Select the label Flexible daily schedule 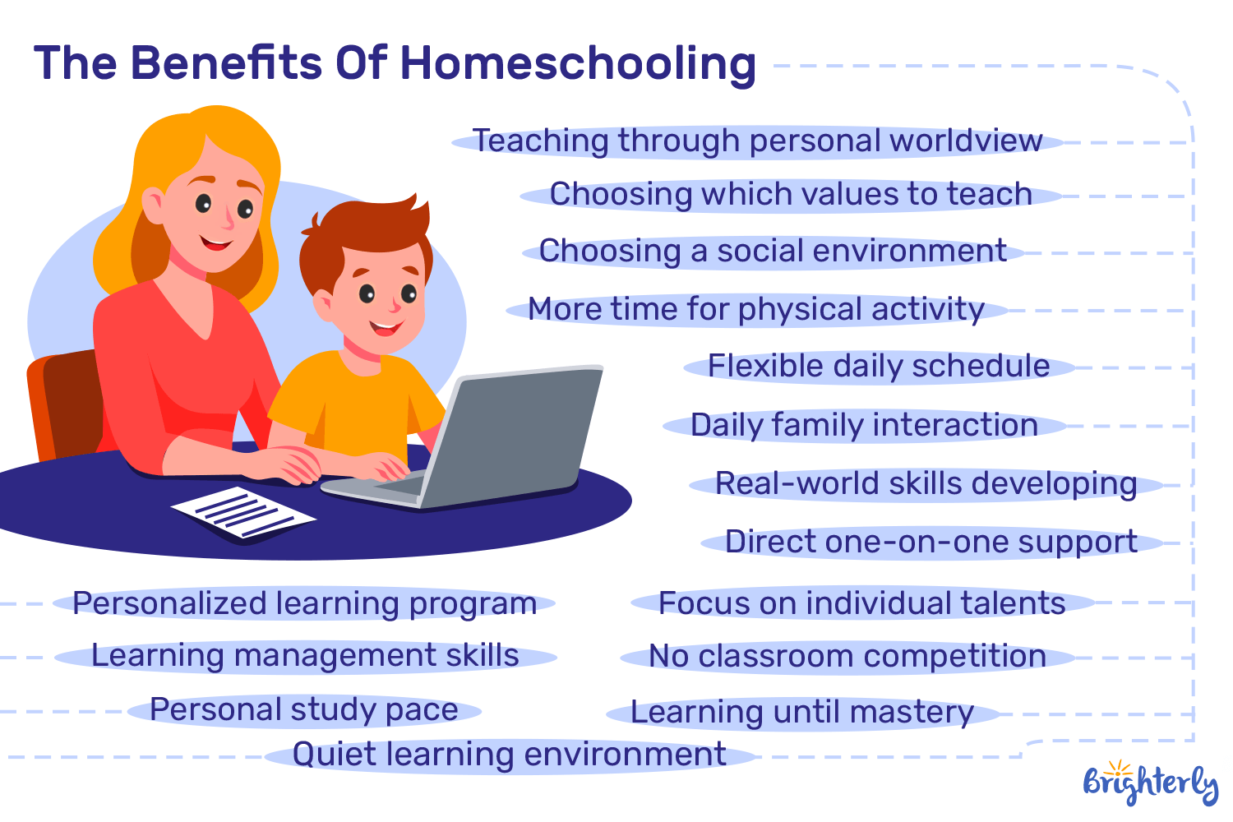pos(879,367)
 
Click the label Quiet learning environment pos(510,755)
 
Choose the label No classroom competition pos(847,657)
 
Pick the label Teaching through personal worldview pos(757,141)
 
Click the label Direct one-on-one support pos(931,543)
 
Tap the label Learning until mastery pos(802,713)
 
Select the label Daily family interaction pos(864,426)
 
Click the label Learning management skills pos(305,656)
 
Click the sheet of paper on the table pos(243,514)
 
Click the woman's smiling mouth pos(216,243)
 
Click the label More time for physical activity pos(756,310)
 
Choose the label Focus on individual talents pos(861,603)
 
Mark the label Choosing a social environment pos(773,252)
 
